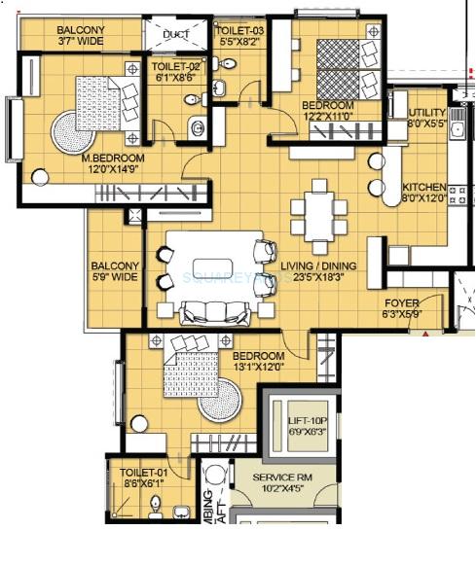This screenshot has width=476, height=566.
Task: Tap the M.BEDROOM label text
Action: click(x=112, y=159)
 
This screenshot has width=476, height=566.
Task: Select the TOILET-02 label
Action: click(x=173, y=67)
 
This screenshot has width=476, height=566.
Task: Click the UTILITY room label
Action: click(x=424, y=115)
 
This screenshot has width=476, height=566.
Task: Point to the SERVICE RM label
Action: click(x=291, y=478)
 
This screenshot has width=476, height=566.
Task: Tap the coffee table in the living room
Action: click(x=213, y=267)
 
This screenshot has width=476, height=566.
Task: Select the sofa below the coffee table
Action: click(x=213, y=312)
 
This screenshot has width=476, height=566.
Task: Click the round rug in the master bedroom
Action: click(x=74, y=127)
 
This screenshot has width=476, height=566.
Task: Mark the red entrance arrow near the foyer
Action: click(x=423, y=333)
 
